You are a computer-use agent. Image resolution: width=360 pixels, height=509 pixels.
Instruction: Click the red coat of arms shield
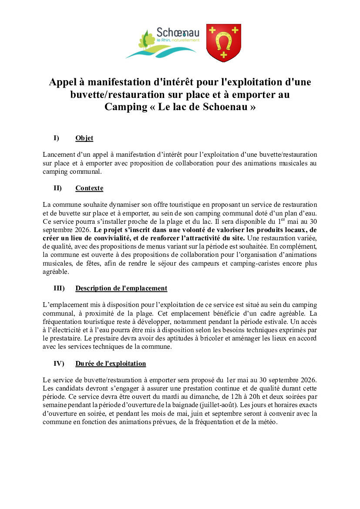coord(223,42)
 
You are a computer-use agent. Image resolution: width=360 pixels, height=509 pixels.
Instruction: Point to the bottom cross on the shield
coord(223,54)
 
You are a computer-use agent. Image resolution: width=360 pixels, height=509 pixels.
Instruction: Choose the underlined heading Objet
coord(84,138)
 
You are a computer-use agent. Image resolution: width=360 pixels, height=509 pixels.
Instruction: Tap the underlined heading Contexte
coord(89,188)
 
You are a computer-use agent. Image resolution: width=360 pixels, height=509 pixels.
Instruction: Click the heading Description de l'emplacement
coord(121,288)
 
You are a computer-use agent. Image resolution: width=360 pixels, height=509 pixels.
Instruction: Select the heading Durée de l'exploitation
coord(111,363)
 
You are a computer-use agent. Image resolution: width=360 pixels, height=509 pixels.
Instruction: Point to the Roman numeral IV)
coord(59,363)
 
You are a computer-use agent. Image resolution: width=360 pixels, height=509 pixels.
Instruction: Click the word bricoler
coord(226,338)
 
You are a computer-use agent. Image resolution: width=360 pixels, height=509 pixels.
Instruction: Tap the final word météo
coord(267,421)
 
